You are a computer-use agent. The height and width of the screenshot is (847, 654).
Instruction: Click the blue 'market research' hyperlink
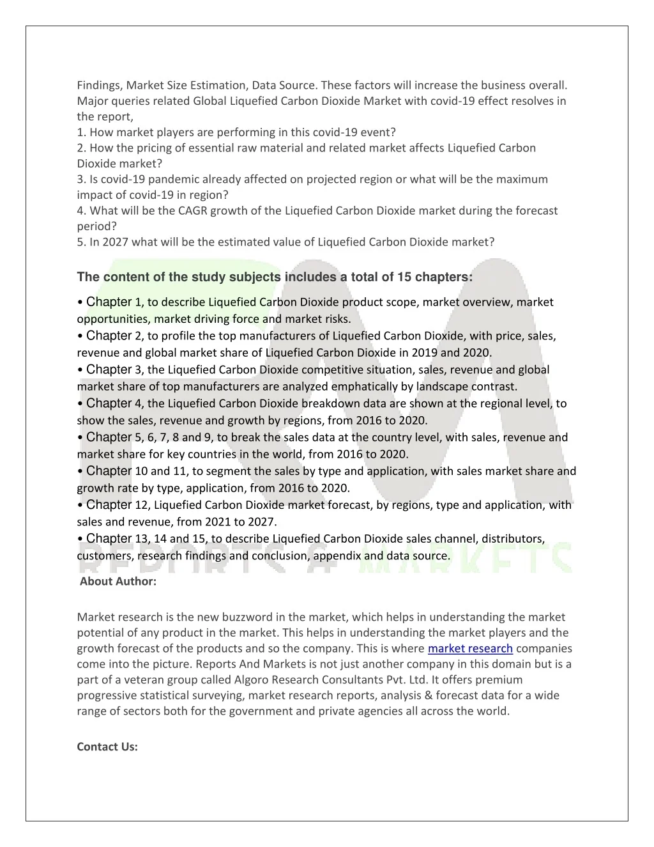click(470, 649)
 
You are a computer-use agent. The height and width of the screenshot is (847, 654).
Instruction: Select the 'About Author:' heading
click(118, 582)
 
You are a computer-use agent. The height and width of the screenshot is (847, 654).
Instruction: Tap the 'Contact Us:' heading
click(107, 747)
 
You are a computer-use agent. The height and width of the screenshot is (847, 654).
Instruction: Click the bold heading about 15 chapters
click(275, 277)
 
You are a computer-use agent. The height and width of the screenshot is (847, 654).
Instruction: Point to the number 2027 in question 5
click(116, 242)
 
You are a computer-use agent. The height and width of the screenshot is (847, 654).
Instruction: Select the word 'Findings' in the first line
click(99, 85)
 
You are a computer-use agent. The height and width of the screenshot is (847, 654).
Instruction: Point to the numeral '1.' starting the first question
click(82, 132)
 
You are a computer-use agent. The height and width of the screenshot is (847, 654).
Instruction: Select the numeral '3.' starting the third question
click(82, 180)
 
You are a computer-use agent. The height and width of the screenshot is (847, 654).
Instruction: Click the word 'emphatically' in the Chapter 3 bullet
click(363, 387)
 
